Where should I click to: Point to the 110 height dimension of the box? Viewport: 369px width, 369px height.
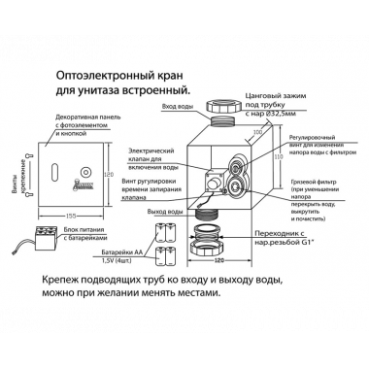(275, 152)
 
